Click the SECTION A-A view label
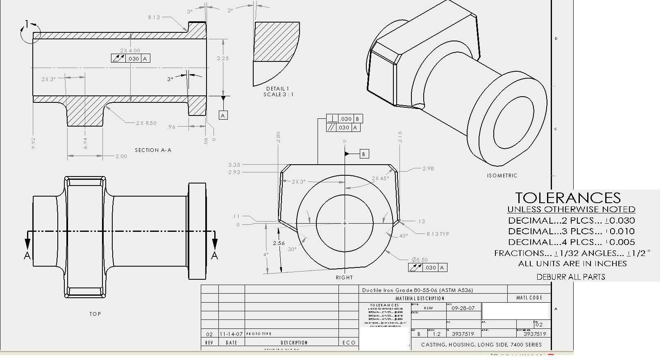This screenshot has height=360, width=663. coord(153,150)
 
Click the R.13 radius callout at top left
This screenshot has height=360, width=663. coord(154,18)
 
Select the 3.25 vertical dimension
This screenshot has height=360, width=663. coord(223,59)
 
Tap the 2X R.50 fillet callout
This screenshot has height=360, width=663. coord(146,123)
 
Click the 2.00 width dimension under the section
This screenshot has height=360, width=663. coord(121,156)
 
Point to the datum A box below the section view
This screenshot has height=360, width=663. coord(223,115)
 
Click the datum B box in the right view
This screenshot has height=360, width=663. coord(364,154)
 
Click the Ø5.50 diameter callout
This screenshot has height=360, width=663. coord(420,260)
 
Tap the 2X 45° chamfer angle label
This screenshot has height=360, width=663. coord(380,179)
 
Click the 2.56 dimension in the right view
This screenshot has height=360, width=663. coord(279,243)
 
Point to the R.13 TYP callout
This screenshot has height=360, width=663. coord(438,234)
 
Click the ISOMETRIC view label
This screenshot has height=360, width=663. coord(502,176)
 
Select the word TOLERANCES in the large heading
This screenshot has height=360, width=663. coord(568,198)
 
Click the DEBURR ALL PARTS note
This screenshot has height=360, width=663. coord(571,277)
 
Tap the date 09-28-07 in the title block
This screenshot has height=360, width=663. coord(463,308)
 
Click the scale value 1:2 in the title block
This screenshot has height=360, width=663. coord(436,334)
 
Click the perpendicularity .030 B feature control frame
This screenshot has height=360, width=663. coord(345,119)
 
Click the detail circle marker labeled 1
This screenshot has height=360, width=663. coord(27,25)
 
